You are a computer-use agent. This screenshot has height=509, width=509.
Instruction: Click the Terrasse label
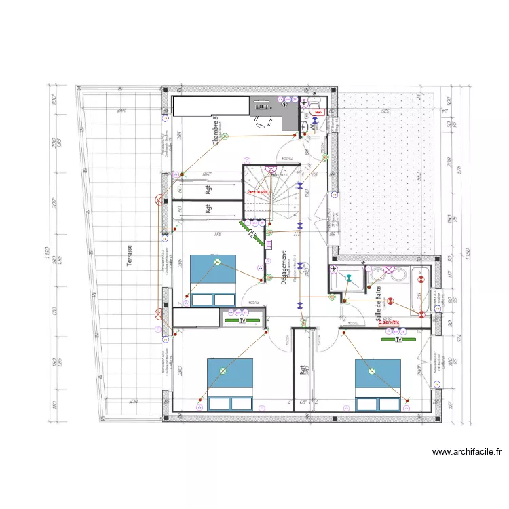(x=129, y=255)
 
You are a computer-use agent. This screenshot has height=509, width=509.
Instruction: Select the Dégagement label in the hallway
(x=284, y=269)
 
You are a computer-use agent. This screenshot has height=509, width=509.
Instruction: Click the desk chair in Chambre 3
(x=262, y=122)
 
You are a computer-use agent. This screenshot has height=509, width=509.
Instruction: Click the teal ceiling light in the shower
(x=350, y=278)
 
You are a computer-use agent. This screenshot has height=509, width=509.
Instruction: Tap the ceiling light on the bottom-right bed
(x=371, y=371)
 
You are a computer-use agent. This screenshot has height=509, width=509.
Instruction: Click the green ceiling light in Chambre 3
(x=227, y=136)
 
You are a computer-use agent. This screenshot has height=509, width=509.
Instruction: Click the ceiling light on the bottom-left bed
(x=222, y=371)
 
